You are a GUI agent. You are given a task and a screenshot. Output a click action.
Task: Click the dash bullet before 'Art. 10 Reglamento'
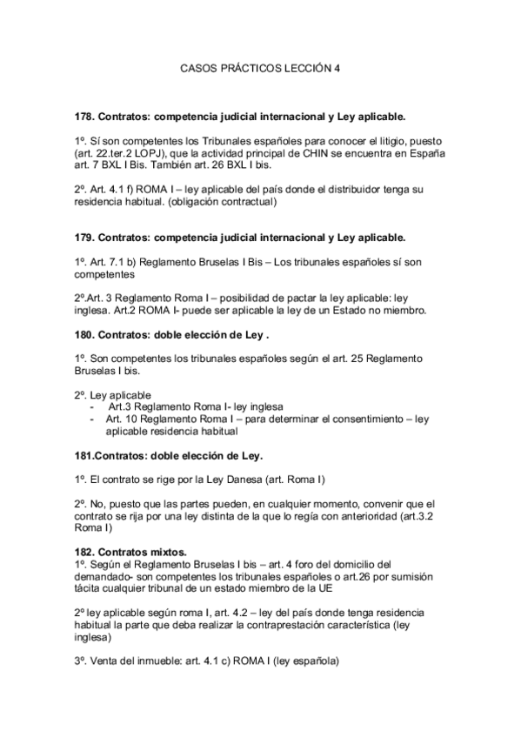click(93, 419)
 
